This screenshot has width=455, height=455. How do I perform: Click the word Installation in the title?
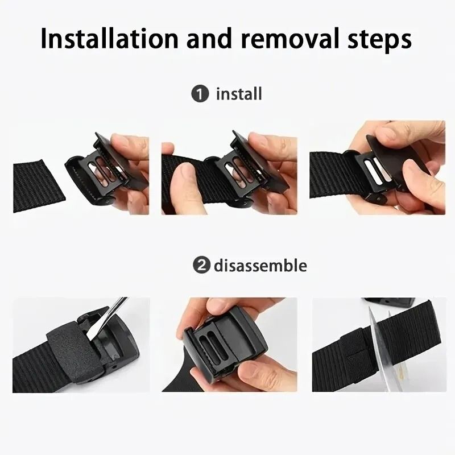tap(109, 40)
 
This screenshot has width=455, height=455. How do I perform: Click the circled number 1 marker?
tap(200, 94)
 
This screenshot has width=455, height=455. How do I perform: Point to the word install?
tap(239, 93)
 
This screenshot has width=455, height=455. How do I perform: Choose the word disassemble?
tap(260, 265)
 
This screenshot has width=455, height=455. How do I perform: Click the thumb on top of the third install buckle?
tap(392, 136)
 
